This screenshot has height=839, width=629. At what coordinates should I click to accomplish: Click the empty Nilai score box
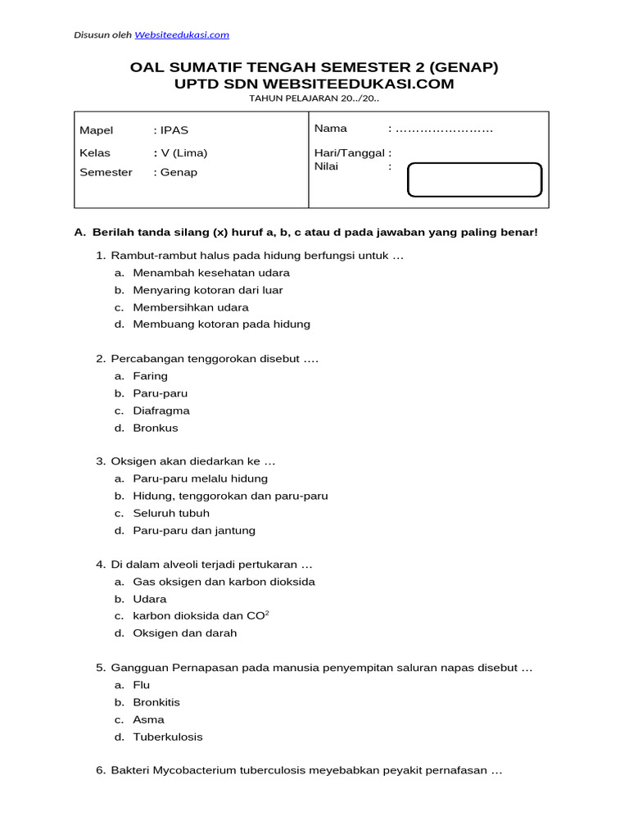[474, 180]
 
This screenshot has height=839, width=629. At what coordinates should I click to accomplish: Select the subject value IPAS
[174, 130]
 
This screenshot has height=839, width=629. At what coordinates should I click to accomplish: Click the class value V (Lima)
[183, 153]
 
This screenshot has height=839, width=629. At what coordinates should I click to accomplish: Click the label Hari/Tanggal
[351, 152]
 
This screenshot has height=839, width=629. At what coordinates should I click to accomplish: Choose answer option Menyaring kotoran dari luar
[208, 290]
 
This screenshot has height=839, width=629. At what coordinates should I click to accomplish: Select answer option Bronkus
[156, 428]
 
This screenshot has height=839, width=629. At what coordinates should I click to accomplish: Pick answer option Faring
[150, 376]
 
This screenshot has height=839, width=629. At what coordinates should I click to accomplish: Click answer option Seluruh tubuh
[171, 513]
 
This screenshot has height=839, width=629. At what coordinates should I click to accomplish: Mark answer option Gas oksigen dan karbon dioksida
[224, 582]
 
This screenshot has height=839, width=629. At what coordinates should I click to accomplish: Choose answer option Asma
[148, 719]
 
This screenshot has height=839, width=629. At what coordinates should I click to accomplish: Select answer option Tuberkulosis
[168, 737]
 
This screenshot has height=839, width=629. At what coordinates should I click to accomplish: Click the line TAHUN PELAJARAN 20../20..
[314, 98]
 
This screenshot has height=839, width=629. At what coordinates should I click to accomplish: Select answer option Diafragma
[161, 410]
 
